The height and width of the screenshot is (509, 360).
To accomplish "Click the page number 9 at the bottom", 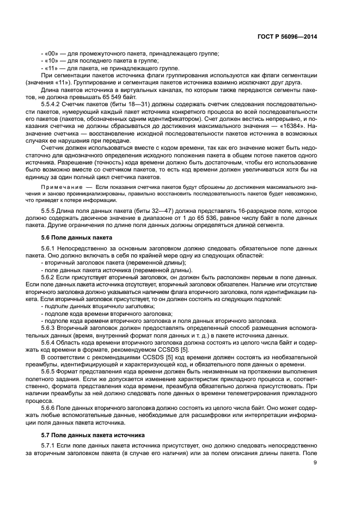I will click(x=315, y=463).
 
